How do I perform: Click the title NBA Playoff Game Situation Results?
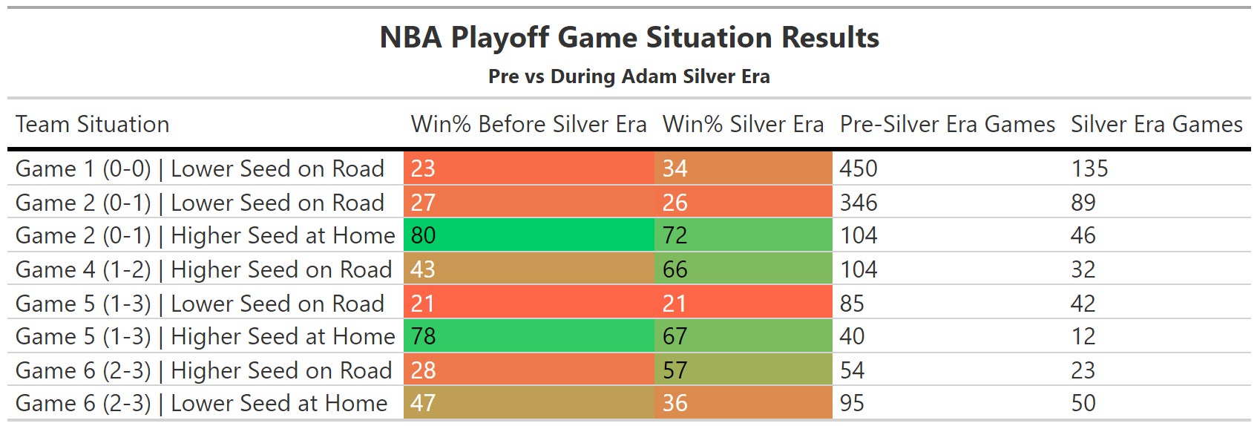coord(629,38)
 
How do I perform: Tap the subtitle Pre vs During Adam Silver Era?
coord(629,76)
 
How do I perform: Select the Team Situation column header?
coord(93,124)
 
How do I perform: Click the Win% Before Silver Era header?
coord(528,124)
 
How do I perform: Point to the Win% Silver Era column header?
coord(743,124)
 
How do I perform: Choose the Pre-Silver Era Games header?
coord(948,124)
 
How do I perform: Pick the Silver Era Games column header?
coord(1157,124)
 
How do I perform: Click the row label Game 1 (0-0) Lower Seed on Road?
coord(200,168)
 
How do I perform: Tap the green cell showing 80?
coord(529,235)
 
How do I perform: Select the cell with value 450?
coord(859,168)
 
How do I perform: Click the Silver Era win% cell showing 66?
coord(744,269)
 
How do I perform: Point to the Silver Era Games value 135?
coord(1090,168)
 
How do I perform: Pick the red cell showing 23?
coord(529,168)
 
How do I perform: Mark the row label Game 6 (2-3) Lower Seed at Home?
coord(201,403)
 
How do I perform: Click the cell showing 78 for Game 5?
coord(529,336)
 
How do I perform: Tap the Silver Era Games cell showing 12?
coord(1083,336)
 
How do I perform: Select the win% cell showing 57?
coord(744,370)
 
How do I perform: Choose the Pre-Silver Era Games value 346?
coord(859,202)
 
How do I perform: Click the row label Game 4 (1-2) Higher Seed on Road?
coord(204,269)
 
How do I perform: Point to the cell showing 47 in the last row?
coord(529,403)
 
